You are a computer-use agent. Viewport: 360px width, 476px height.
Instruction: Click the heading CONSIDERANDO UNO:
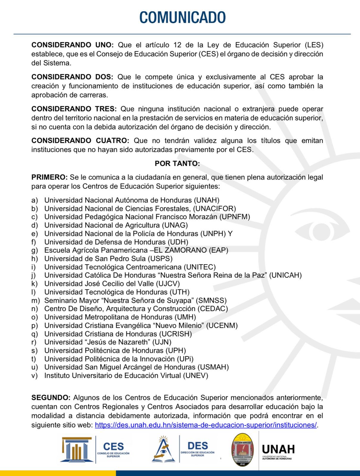(73, 45)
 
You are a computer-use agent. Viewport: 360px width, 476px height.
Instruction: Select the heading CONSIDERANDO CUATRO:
(80, 140)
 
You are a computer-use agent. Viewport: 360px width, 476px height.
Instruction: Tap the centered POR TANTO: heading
(177, 163)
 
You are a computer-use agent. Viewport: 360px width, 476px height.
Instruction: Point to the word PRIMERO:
(50, 177)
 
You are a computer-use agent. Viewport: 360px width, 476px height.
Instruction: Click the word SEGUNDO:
(51, 397)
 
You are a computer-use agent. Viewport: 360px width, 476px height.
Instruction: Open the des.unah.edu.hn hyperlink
(206, 425)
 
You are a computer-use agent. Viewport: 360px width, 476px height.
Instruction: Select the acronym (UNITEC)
(200, 267)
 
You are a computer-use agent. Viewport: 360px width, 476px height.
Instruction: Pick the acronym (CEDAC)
(212, 309)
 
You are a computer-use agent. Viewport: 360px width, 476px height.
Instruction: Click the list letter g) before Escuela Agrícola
(34, 250)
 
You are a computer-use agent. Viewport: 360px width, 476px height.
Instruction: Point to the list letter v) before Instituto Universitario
(34, 375)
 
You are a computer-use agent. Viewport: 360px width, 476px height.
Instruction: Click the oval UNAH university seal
(243, 450)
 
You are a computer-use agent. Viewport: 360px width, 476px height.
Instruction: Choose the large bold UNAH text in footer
(278, 449)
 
